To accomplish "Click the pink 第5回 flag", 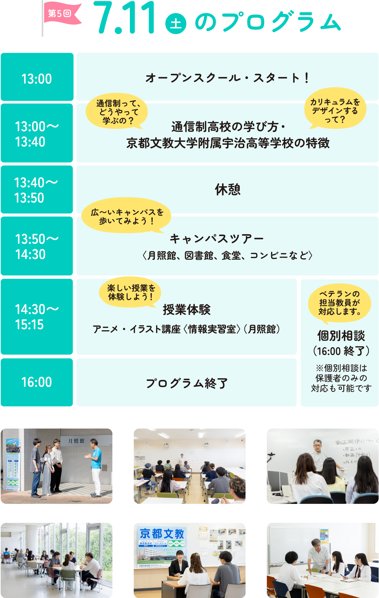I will (x=62, y=14).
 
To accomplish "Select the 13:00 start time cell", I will (x=37, y=78).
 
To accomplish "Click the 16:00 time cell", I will (x=37, y=382).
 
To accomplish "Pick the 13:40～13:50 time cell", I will (x=37, y=190).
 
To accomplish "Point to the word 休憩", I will (x=228, y=190).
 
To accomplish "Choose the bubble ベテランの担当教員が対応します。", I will (x=340, y=303).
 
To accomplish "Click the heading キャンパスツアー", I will (x=217, y=239).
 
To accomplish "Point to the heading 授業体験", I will (x=187, y=310).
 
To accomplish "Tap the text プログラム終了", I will (x=187, y=383).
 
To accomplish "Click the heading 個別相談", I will (x=341, y=336).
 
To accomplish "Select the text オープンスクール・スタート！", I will (x=228, y=78).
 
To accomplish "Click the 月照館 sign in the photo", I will (x=77, y=441).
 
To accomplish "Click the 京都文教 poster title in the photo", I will (x=162, y=533).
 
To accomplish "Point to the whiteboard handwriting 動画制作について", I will (x=356, y=441).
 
